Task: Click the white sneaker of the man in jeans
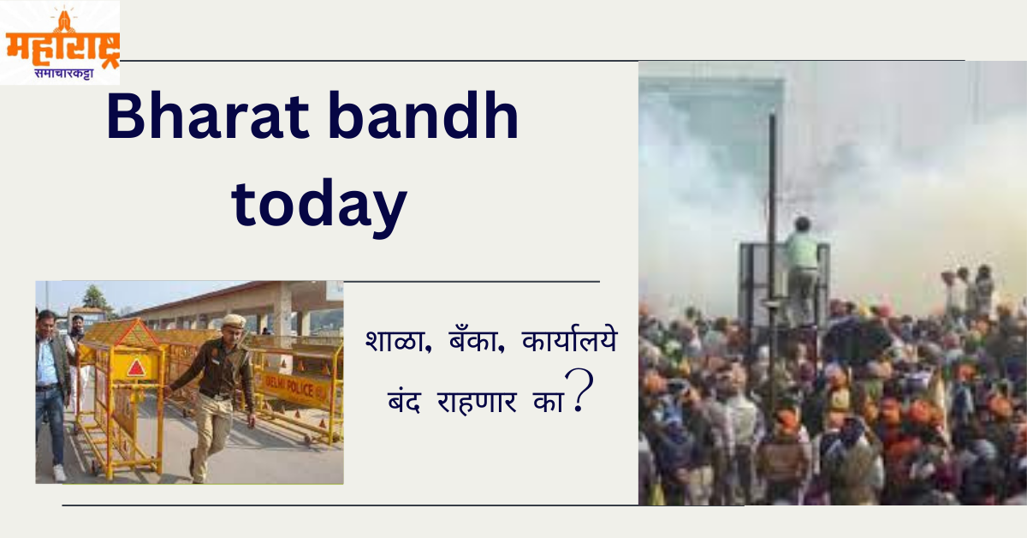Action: (x=59, y=472)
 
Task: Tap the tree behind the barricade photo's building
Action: (x=95, y=298)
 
